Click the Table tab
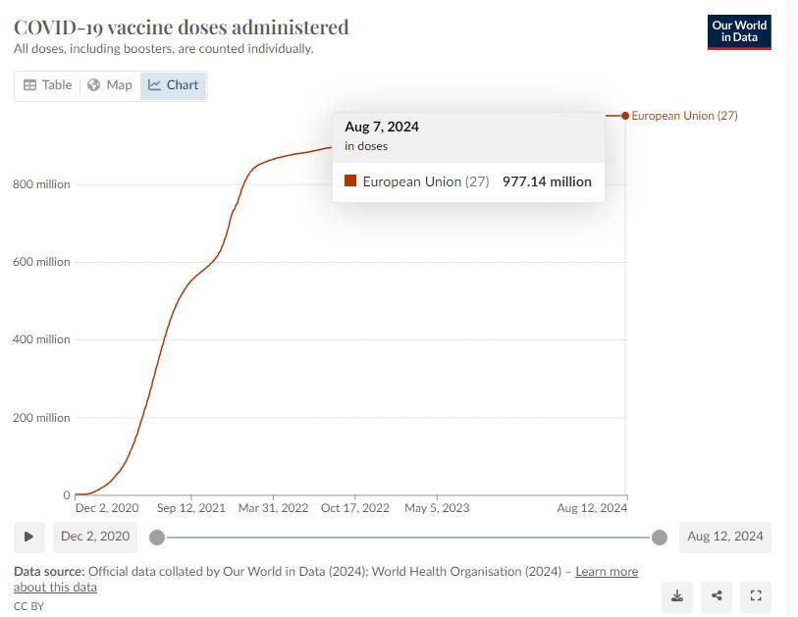tap(47, 85)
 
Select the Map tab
tap(109, 85)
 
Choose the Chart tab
tap(174, 85)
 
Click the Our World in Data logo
tap(739, 31)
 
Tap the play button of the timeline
tap(28, 537)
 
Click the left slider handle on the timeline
tap(157, 537)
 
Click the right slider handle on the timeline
tap(660, 537)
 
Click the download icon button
tap(677, 595)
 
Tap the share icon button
tap(717, 595)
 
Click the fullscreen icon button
tap(756, 595)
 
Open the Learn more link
tap(607, 571)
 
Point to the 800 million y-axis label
tap(41, 184)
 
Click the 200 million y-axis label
tap(41, 418)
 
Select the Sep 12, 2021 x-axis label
tap(190, 508)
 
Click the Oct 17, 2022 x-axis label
tap(355, 508)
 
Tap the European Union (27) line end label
tap(684, 116)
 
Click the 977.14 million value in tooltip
tap(547, 181)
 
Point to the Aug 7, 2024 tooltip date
tap(382, 127)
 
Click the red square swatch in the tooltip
tap(350, 181)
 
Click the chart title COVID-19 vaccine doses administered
tap(182, 26)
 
